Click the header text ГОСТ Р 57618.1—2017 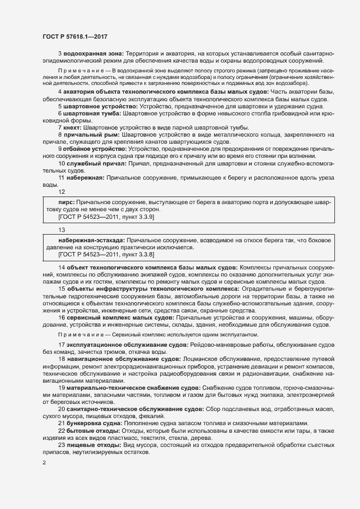pos(75,36)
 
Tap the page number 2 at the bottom pos(44,463)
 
